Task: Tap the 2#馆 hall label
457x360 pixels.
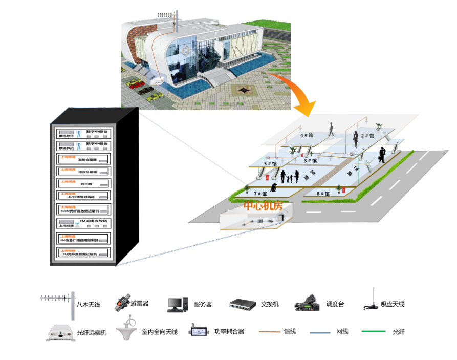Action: pyautogui.click(x=367, y=136)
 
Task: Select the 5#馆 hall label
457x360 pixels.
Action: pyautogui.click(x=270, y=164)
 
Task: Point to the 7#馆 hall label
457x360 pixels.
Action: pyautogui.click(x=260, y=194)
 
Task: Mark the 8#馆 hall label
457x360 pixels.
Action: pyautogui.click(x=323, y=194)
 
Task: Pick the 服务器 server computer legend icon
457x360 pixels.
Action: pyautogui.click(x=178, y=304)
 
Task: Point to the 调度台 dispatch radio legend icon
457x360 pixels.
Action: pyautogui.click(x=308, y=304)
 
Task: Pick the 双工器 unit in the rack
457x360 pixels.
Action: pyautogui.click(x=82, y=182)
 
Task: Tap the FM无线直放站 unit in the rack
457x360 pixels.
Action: pyautogui.click(x=82, y=223)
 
